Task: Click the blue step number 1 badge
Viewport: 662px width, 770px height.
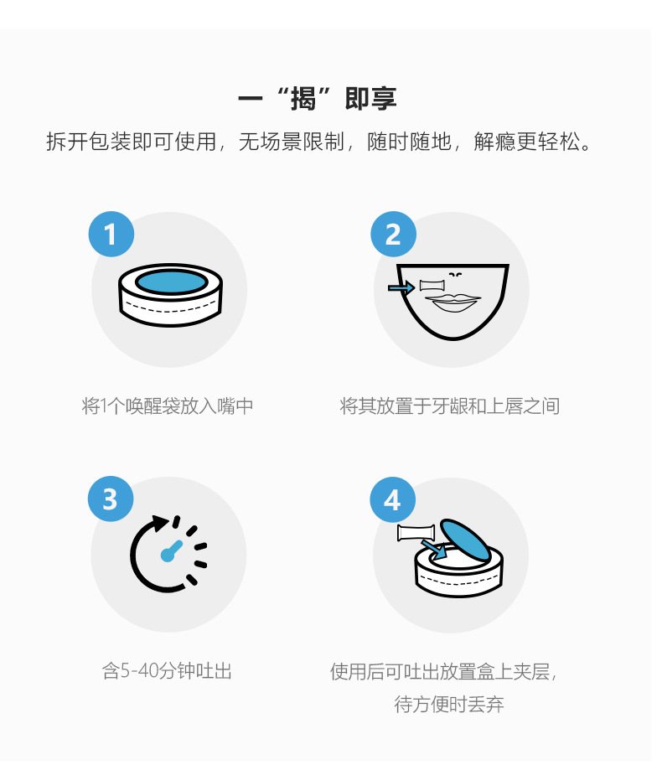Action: (x=111, y=235)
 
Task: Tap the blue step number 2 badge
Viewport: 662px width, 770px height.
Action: (x=393, y=235)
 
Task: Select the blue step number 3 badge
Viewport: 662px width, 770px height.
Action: (x=111, y=499)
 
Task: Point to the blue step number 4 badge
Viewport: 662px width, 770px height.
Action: (x=392, y=500)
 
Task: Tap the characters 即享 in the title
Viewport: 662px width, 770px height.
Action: (x=370, y=99)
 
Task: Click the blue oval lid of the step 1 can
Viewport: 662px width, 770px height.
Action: (x=171, y=282)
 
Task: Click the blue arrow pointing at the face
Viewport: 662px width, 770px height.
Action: (x=401, y=287)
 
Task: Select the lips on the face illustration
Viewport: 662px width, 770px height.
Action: (x=453, y=302)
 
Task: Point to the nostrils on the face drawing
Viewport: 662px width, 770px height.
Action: (x=455, y=275)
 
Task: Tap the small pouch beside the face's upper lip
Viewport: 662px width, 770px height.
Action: (x=432, y=286)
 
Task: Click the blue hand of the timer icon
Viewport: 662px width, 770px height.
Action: (x=172, y=551)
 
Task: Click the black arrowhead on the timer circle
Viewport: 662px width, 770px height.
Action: (x=160, y=523)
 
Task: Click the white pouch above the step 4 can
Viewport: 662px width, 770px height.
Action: (x=416, y=533)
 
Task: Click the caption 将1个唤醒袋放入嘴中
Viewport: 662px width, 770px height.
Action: (x=168, y=406)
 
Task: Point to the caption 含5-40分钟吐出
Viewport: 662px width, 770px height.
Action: (x=167, y=671)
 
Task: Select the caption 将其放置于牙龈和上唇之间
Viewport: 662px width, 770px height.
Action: (x=449, y=406)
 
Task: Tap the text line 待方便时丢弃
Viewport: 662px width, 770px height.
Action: (x=449, y=704)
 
